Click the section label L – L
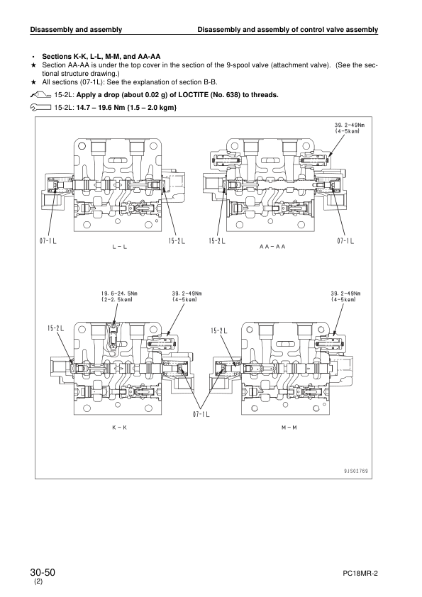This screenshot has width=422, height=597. point(119,247)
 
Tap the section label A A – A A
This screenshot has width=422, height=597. point(272,247)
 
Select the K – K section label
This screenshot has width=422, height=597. point(119,429)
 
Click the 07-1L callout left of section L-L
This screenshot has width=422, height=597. point(48,241)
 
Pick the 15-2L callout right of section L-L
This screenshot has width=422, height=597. point(177,241)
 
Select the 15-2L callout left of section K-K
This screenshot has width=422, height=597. point(56,328)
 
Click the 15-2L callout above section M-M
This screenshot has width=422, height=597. point(219,330)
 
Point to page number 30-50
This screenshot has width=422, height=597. point(43,571)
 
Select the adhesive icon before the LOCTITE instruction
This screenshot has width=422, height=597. point(40,94)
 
